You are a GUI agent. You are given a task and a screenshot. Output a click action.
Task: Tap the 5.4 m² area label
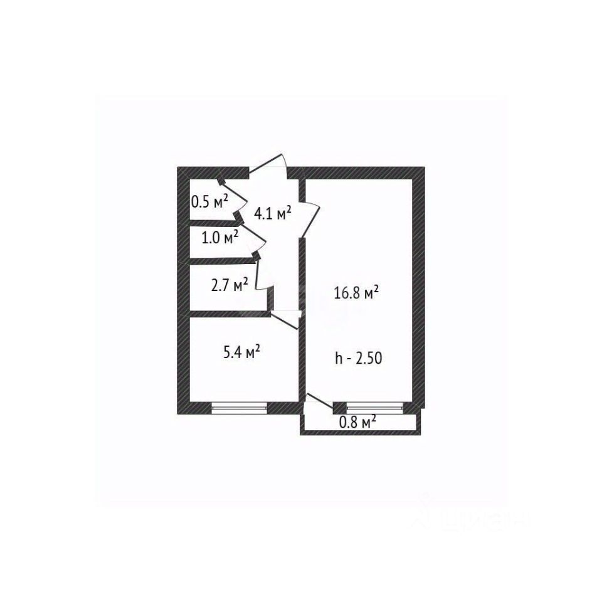(x=241, y=353)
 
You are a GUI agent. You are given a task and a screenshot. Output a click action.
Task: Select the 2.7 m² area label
(x=229, y=286)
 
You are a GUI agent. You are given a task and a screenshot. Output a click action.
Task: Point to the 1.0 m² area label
(x=219, y=238)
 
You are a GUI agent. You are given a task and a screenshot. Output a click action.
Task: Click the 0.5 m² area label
(x=209, y=202)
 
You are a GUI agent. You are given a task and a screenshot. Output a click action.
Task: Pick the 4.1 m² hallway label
(x=272, y=213)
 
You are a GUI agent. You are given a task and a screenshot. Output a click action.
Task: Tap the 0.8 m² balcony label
(x=357, y=421)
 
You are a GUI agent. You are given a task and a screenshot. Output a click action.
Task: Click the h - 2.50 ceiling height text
(x=359, y=359)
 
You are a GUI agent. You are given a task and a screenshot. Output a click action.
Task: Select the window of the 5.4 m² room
(x=240, y=408)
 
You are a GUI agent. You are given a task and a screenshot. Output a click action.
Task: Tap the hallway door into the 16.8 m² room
(x=310, y=216)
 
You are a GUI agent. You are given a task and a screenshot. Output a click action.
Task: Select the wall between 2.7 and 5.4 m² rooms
(x=229, y=314)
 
